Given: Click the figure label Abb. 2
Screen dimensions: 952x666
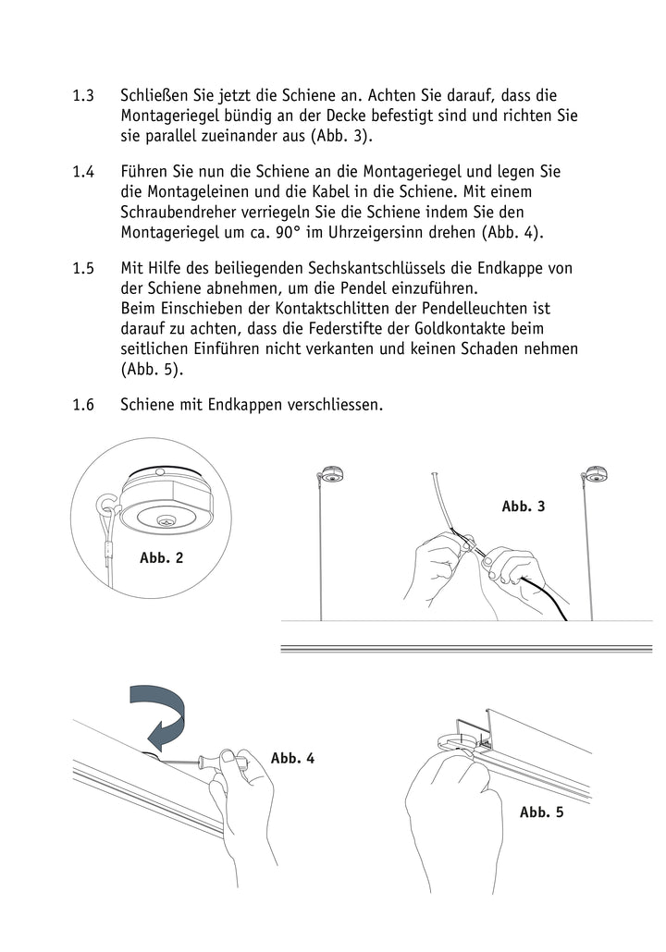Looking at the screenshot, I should tap(161, 557).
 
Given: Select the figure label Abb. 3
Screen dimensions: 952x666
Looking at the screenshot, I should tap(524, 507).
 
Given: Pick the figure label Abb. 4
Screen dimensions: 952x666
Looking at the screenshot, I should tap(292, 758).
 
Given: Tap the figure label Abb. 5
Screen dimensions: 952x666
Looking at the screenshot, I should tap(541, 812).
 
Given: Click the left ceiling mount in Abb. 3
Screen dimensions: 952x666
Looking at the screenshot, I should tap(330, 474).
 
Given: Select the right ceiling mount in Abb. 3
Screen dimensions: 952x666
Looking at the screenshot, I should tap(593, 475).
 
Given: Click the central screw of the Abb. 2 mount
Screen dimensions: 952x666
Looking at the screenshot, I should tap(167, 521).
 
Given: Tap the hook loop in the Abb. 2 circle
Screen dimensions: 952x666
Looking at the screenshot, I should tap(109, 507).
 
